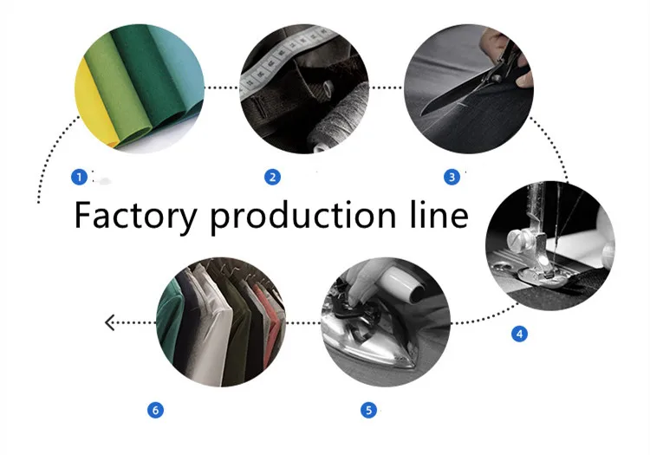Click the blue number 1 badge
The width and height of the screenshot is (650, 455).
click(79, 177)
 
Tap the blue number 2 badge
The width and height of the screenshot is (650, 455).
click(272, 177)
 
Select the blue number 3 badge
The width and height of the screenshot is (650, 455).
click(452, 177)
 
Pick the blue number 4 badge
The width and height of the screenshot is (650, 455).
click(519, 334)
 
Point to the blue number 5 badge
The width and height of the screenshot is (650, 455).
click(369, 409)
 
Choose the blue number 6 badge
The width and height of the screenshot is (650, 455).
click(156, 409)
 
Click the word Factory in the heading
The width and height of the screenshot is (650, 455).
click(135, 216)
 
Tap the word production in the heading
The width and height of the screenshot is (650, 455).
click(306, 216)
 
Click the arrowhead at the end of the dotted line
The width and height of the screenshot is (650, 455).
click(110, 322)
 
